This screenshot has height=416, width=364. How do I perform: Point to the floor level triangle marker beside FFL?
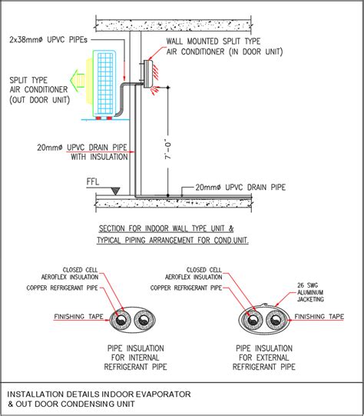pos(112,188)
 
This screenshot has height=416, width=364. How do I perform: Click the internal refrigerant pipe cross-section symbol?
pos(133,320)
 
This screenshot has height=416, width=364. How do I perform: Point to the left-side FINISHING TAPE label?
pos(78,316)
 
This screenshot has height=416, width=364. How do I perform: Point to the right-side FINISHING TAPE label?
pos(319,315)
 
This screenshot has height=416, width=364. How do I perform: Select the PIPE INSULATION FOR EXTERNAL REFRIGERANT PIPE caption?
pos(263,358)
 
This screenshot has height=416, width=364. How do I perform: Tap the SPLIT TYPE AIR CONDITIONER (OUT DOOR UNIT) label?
pos(38,90)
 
